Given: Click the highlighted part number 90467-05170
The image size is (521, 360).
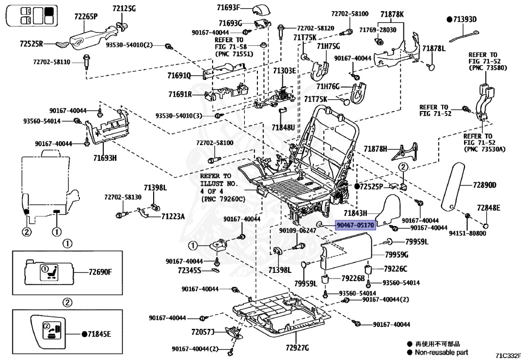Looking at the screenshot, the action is pos(356,225).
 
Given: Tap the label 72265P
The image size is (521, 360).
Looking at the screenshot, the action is pos(86,16).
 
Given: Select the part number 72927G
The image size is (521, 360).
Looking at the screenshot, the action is pos(297,348).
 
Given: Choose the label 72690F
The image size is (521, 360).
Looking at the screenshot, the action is pos(100,272).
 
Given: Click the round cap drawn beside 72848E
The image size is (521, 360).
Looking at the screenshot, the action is pos(485,226).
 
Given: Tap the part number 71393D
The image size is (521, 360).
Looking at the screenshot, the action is pos(465,19).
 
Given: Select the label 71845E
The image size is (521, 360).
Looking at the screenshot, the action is pos(99,334).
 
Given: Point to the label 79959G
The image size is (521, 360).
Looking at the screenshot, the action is pos(397,255).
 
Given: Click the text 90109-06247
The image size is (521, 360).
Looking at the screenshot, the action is pos(298,230).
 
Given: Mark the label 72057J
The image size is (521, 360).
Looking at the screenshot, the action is pos(202,332).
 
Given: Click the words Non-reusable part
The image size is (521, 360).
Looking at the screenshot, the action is pos(441,352).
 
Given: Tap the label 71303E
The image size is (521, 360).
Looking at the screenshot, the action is pos(284,70).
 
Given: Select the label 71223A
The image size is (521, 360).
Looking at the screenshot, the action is pos(173,216).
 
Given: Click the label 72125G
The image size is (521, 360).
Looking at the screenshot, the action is pos(124,8).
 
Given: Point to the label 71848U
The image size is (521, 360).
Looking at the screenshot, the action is pos(283,127).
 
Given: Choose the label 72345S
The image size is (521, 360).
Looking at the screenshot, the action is pos(189,270).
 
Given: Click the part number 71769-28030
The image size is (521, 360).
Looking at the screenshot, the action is pos(378,30).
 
